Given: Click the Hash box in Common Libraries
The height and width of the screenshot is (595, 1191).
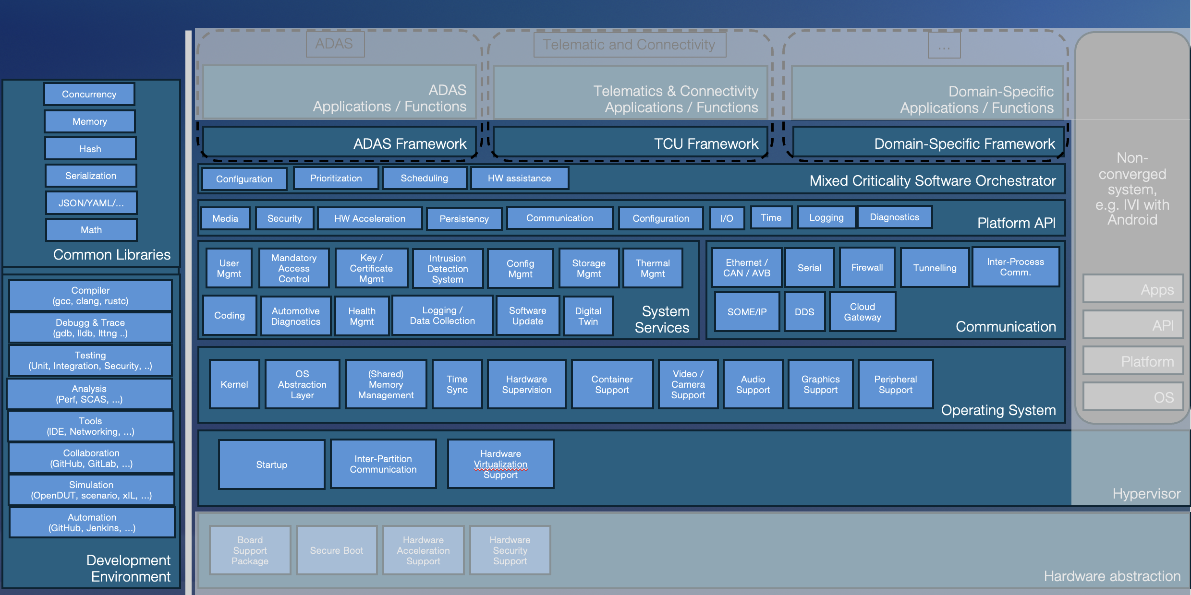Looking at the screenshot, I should tap(90, 149).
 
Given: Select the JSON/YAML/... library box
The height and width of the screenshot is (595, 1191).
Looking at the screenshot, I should tap(91, 203).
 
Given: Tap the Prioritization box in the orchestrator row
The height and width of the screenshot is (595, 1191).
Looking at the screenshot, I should tap(336, 178).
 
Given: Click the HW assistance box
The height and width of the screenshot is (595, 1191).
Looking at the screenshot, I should tap(519, 178).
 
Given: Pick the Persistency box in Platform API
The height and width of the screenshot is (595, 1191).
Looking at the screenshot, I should tap(464, 219).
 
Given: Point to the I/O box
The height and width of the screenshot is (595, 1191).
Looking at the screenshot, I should tap(727, 218).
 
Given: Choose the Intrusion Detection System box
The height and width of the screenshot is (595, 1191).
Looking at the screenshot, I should tap(448, 269).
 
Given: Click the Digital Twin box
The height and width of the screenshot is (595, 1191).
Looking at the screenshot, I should tap(588, 316).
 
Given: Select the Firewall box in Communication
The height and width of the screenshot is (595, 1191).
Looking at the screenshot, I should tap(867, 268).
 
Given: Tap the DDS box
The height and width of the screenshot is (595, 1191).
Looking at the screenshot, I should tap(804, 312).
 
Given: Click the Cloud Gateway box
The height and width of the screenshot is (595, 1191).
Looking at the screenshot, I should tap(863, 312).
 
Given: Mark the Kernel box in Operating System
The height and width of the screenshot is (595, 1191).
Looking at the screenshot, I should tap(234, 384).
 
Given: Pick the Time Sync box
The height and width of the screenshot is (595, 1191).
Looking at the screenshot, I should tap(457, 384).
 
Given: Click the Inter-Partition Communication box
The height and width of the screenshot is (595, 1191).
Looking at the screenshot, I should tap(383, 464).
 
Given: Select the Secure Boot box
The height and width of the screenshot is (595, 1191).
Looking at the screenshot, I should tap(336, 550).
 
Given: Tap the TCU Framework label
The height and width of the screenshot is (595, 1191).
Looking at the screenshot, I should tap(706, 143).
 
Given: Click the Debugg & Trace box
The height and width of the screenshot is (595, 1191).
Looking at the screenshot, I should tap(90, 328).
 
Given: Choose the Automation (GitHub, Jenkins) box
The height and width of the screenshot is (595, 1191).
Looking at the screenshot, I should tap(92, 523).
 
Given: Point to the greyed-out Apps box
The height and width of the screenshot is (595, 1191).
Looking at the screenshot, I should tap(1133, 289).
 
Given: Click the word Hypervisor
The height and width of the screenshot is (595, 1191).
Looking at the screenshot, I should tap(1146, 493).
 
